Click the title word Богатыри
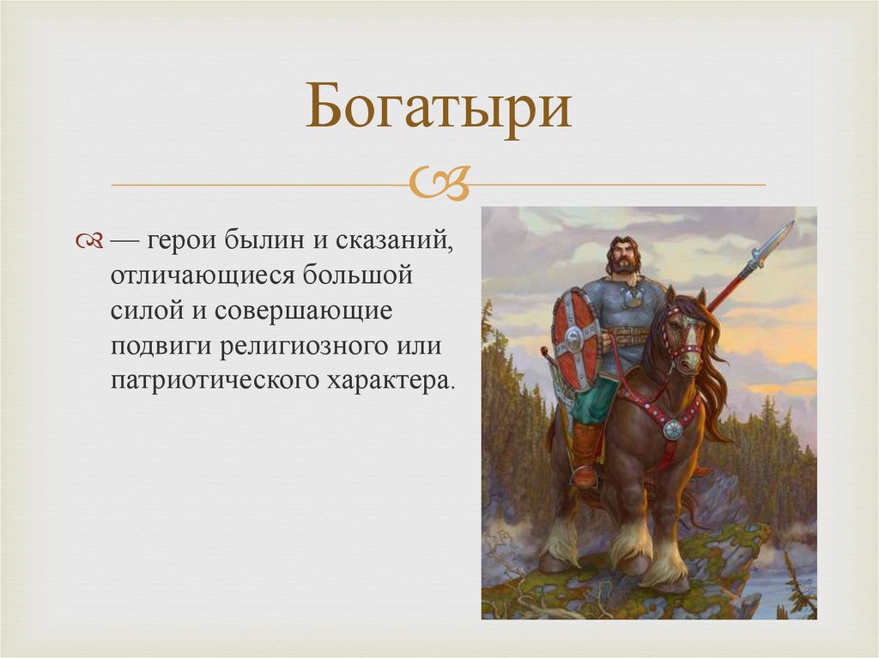coord(439,107)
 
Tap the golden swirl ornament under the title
coord(439,183)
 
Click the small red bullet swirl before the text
coord(89,242)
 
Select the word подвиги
coord(161,347)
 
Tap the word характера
coord(389,381)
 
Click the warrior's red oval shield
coord(576,338)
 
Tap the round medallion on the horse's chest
coord(673,430)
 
